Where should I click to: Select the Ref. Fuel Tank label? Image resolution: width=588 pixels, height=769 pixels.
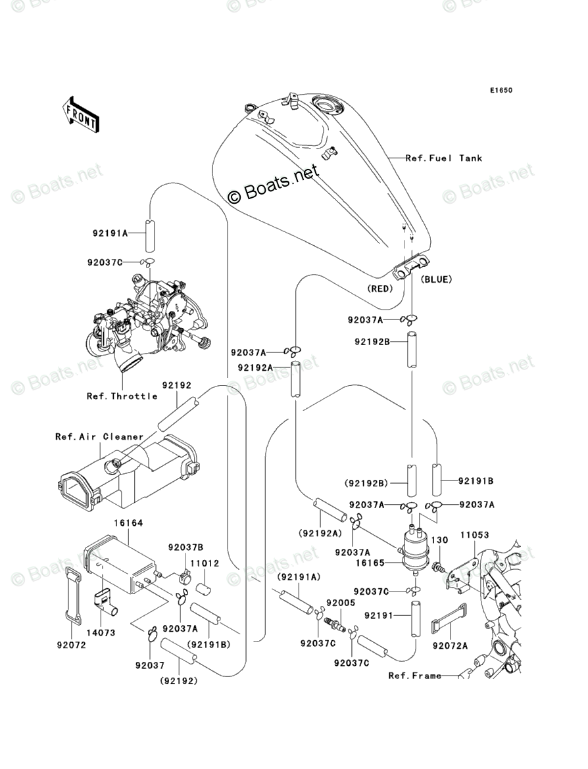tap(444, 158)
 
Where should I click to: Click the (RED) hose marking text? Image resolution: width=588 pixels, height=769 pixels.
tap(380, 289)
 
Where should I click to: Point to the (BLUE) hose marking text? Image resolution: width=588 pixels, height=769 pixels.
tap(436, 279)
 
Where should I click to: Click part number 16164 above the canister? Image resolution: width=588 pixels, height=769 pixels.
tap(128, 523)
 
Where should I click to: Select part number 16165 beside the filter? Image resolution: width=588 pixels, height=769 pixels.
tap(370, 563)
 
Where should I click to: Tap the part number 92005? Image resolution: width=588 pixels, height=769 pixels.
tap(341, 603)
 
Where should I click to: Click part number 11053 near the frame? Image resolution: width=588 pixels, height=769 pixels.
tap(475, 534)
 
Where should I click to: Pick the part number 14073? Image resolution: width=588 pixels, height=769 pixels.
tap(101, 633)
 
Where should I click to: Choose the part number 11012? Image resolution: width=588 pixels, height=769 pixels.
tap(204, 563)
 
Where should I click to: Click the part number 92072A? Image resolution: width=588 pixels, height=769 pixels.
tap(450, 646)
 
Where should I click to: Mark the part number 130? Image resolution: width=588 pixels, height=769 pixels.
tap(439, 540)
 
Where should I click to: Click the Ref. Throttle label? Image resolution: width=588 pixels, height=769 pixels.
tap(122, 396)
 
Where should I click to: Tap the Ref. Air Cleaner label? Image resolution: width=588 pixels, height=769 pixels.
tap(99, 436)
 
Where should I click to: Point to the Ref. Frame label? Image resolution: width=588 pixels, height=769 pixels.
tap(415, 675)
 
